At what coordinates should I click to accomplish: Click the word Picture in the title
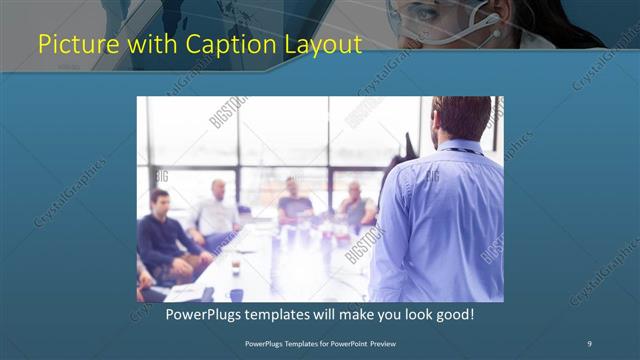(72, 45)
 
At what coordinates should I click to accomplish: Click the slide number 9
(590, 343)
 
